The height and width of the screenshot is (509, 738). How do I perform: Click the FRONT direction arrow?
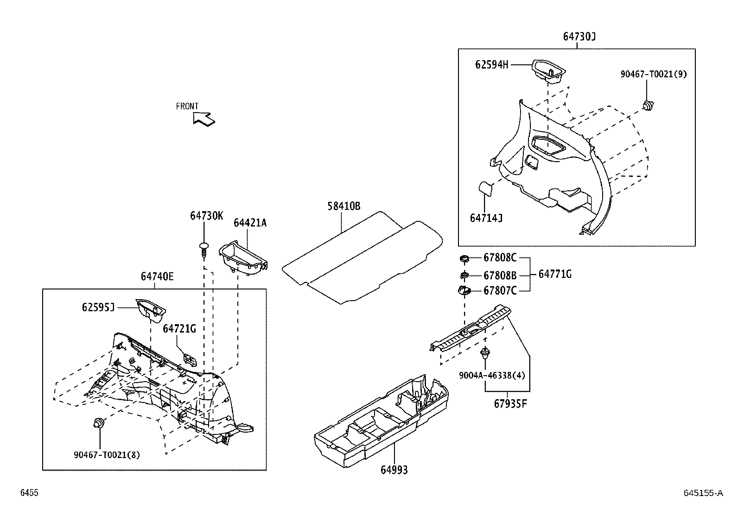[204, 119]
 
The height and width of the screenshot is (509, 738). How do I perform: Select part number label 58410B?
[344, 206]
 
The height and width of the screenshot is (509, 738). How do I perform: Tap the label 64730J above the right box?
[579, 37]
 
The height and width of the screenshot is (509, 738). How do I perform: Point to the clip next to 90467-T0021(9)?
[648, 106]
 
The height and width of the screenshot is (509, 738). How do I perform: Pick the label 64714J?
[486, 218]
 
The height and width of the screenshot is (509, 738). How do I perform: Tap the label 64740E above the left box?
[157, 276]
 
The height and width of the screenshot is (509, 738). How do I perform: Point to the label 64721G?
[179, 329]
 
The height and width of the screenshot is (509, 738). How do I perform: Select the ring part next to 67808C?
[464, 258]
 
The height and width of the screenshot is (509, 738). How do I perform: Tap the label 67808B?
[500, 276]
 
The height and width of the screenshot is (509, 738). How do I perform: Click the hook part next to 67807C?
[464, 291]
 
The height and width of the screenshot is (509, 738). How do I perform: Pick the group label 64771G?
[555, 274]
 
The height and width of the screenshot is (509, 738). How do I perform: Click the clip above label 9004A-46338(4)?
[485, 353]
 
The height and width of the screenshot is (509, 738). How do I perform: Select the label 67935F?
[510, 403]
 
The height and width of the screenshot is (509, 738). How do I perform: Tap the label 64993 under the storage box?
[394, 470]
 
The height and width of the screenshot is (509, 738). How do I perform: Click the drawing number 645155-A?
[703, 493]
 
